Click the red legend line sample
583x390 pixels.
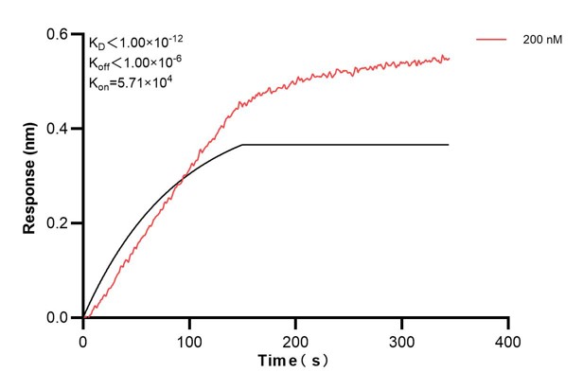[493, 40]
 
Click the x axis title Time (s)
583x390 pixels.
[296, 362]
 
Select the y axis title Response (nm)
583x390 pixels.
[30, 176]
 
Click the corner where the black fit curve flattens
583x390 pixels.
[243, 145]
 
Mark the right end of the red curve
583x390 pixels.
[450, 59]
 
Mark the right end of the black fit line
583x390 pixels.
[449, 145]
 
